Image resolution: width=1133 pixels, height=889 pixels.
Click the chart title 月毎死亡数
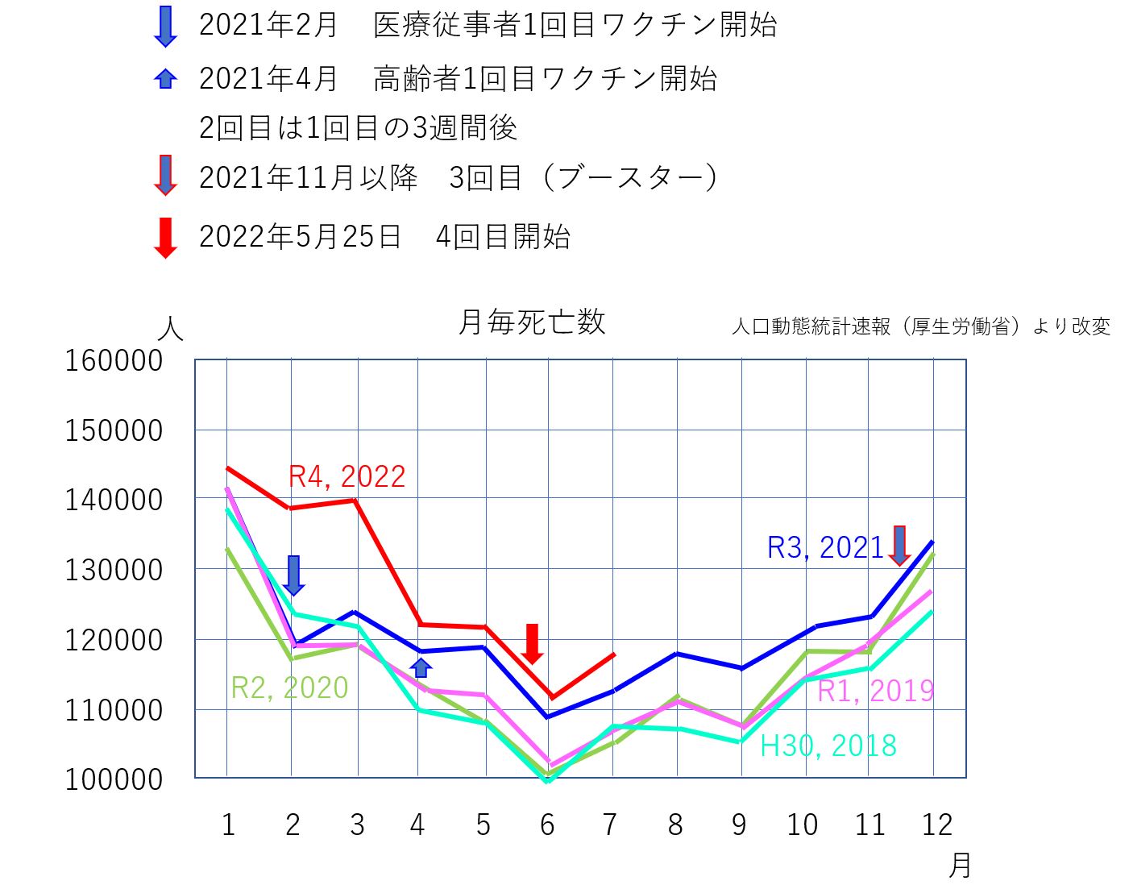(x=531, y=322)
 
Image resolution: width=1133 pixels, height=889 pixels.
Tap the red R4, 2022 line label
(x=347, y=476)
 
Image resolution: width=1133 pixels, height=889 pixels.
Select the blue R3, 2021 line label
(x=825, y=548)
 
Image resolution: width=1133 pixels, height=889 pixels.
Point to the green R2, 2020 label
(x=289, y=688)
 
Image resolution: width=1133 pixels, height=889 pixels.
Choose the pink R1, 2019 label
(x=875, y=691)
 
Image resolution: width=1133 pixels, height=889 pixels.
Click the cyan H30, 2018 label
(x=828, y=746)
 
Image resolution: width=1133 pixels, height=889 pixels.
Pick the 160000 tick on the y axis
(x=114, y=361)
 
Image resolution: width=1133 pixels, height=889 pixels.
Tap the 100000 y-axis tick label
(x=114, y=780)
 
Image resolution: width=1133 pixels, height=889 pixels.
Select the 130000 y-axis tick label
(x=114, y=571)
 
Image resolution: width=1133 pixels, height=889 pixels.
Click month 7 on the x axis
(x=610, y=825)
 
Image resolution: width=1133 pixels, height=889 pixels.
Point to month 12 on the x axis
(x=936, y=825)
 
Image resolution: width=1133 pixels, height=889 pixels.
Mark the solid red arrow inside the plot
(x=532, y=643)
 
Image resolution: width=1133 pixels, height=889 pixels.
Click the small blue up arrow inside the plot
(x=421, y=667)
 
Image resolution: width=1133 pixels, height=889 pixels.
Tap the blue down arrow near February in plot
(x=294, y=575)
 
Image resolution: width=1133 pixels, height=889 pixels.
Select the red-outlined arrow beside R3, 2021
(x=899, y=545)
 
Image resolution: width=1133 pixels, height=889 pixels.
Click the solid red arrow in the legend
(x=165, y=238)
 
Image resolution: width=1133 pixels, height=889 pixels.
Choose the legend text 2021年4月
(x=268, y=79)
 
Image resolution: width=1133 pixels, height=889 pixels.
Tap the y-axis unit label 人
(x=170, y=329)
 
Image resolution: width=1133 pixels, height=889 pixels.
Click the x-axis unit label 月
(x=960, y=866)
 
